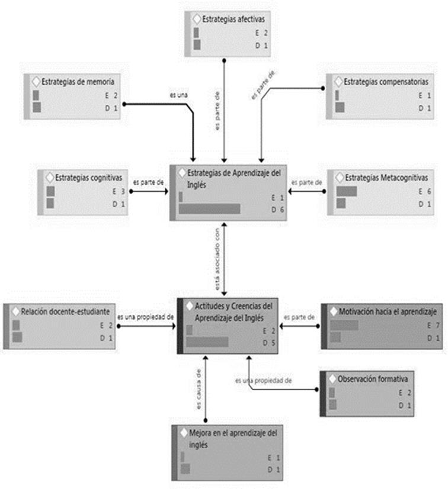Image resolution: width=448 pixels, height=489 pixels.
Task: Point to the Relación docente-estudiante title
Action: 65,310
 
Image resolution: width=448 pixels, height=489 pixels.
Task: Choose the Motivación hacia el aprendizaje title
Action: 387,310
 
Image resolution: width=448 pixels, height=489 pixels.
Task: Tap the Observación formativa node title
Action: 372,378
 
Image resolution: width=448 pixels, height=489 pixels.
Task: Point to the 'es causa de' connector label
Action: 199,398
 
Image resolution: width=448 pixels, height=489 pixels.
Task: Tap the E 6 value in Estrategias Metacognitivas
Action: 424,192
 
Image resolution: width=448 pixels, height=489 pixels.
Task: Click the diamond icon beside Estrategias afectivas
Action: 197,19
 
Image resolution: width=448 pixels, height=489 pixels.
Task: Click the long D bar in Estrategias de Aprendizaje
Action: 210,209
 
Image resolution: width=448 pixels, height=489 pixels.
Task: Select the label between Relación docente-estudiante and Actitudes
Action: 145,317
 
